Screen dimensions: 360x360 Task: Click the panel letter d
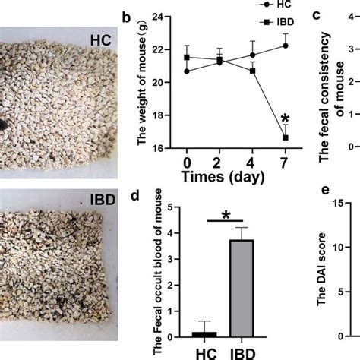[x=134, y=199]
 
